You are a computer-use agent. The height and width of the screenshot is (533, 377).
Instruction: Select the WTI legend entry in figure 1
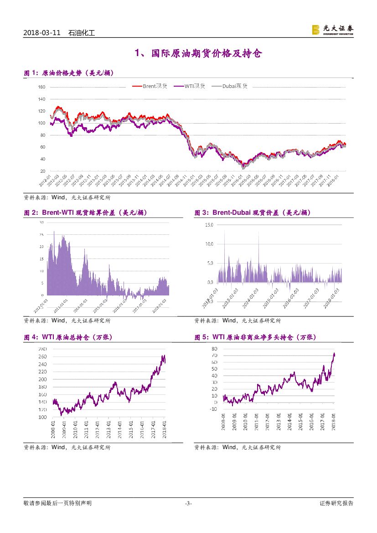pyautogui.click(x=195, y=86)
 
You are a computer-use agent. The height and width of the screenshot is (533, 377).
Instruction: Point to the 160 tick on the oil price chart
pyautogui.click(x=41, y=87)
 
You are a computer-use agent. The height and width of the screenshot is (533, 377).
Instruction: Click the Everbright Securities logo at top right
pyautogui.click(x=332, y=30)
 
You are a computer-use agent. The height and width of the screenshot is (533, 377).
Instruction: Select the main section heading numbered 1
pyautogui.click(x=198, y=54)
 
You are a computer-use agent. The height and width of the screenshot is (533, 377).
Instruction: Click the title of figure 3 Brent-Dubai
pyautogui.click(x=253, y=213)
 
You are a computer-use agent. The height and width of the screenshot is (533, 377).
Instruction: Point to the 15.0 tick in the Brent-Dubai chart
pyautogui.click(x=209, y=225)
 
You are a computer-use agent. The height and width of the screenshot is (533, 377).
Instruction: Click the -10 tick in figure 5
pyautogui.click(x=213, y=409)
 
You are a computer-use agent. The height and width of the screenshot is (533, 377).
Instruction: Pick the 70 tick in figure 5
pyautogui.click(x=214, y=355)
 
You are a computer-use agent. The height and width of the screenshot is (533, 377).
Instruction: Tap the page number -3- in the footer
pyautogui.click(x=188, y=503)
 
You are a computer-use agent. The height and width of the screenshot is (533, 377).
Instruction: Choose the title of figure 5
pyautogui.click(x=255, y=337)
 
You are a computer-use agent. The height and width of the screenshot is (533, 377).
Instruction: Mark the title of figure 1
pyautogui.click(x=68, y=73)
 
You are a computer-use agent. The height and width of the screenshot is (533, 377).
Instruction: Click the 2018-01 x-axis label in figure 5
pyautogui.click(x=334, y=419)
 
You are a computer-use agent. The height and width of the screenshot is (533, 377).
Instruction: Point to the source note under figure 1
pyautogui.click(x=67, y=198)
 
